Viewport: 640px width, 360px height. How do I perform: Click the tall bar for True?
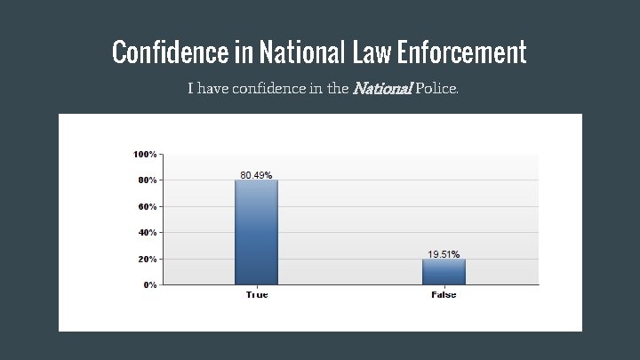(257, 232)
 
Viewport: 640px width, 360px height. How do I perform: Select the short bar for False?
(444, 271)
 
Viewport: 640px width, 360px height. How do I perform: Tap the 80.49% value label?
(256, 175)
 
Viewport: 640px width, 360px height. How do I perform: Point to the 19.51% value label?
(444, 254)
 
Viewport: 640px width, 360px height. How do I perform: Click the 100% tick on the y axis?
(146, 155)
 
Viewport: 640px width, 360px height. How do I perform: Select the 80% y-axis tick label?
(148, 180)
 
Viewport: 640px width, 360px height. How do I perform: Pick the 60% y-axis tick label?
(148, 207)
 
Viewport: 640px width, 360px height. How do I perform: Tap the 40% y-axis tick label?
(148, 233)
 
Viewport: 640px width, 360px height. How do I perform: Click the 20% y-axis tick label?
(148, 260)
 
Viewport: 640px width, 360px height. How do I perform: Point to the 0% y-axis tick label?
(150, 285)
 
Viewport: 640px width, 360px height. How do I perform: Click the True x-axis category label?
(257, 295)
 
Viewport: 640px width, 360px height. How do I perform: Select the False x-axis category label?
(444, 295)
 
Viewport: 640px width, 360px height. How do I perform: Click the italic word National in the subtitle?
(382, 89)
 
